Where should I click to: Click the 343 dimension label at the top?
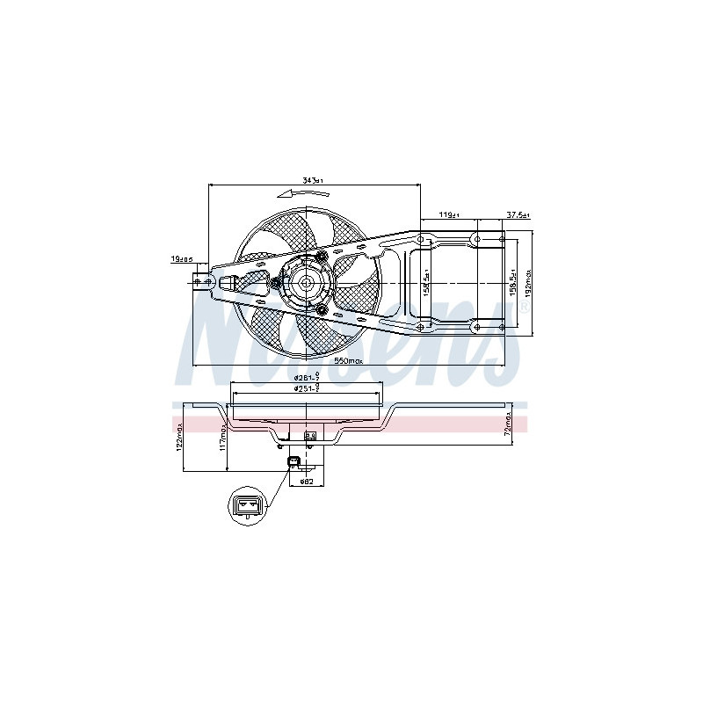pyautogui.click(x=312, y=181)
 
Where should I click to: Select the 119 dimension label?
pyautogui.click(x=449, y=214)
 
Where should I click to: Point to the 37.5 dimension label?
pyautogui.click(x=518, y=214)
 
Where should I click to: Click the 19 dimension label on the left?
pyautogui.click(x=181, y=259)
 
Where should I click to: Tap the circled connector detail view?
pyautogui.click(x=247, y=508)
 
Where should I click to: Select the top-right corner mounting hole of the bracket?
pyautogui.click(x=502, y=238)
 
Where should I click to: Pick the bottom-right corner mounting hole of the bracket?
pyautogui.click(x=502, y=326)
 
